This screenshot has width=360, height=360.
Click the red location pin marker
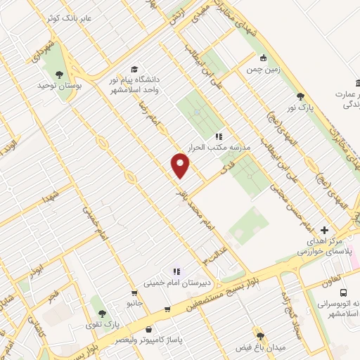coord(181,165)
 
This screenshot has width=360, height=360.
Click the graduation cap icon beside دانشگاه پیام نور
coord(134,69)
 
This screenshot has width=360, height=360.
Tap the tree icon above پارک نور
coord(300,97)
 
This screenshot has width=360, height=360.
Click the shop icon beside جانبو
coord(134,292)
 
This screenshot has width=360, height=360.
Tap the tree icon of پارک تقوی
coord(102,314)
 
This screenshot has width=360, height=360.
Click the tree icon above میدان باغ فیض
coord(261,337)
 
